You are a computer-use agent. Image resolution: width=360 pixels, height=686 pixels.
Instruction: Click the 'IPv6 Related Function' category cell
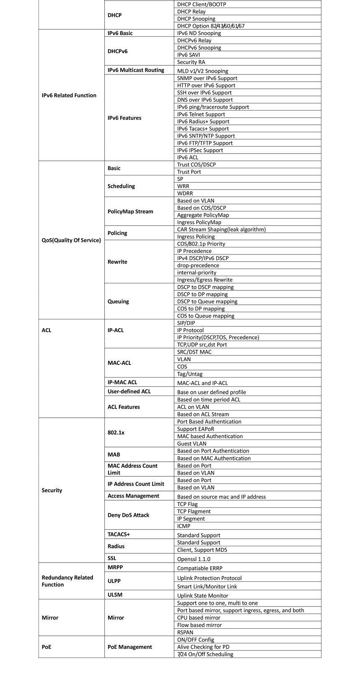coord(69,95)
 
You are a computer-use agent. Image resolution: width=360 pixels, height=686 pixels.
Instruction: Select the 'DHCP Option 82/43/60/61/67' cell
coord(211,26)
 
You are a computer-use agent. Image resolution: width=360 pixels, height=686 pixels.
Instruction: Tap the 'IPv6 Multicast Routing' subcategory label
coord(136,70)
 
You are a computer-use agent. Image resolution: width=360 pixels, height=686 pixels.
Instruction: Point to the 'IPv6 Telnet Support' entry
coord(201,114)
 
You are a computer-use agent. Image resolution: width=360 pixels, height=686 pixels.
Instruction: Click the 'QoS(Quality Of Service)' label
coord(71,240)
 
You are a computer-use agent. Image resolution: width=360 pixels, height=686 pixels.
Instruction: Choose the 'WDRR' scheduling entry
coord(185,193)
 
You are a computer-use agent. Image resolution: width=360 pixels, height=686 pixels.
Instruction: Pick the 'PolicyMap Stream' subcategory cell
coord(130,211)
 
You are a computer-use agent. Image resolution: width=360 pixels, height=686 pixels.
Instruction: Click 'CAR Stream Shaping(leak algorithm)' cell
coord(221,229)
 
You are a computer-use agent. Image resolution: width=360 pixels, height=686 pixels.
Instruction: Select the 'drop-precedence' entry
coord(198,265)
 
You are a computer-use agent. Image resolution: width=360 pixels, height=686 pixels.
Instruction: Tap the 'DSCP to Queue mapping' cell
coord(207,301)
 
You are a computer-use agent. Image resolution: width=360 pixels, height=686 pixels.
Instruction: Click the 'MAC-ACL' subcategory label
coord(119,363)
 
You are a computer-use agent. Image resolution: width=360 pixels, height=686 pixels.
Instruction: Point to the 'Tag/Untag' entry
coord(190,374)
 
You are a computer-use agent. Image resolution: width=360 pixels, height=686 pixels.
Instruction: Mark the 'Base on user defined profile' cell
coord(211,392)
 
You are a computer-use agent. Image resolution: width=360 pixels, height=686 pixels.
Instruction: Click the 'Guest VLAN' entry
coord(191,444)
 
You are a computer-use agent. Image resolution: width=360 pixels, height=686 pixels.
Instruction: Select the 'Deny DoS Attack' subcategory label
coord(128,515)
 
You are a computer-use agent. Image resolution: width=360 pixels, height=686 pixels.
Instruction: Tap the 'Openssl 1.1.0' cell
coord(193,559)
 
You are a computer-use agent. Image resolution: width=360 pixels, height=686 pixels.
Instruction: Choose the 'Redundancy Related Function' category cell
coord(67,581)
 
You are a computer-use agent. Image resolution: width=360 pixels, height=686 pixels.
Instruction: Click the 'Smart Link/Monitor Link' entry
coord(207,586)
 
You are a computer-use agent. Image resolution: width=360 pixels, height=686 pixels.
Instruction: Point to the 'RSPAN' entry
coord(185,632)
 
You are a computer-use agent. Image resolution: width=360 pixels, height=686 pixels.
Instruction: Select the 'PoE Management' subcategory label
coord(130,647)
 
